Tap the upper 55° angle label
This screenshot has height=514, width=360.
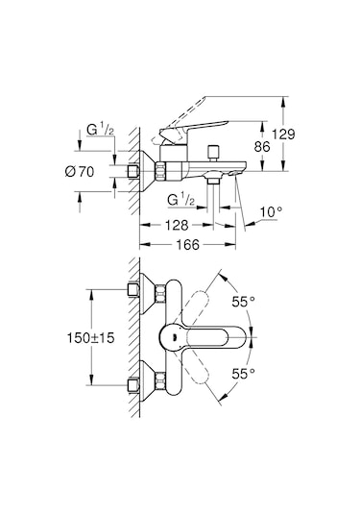coord(245,302)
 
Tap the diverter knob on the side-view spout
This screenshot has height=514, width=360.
coord(216,155)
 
